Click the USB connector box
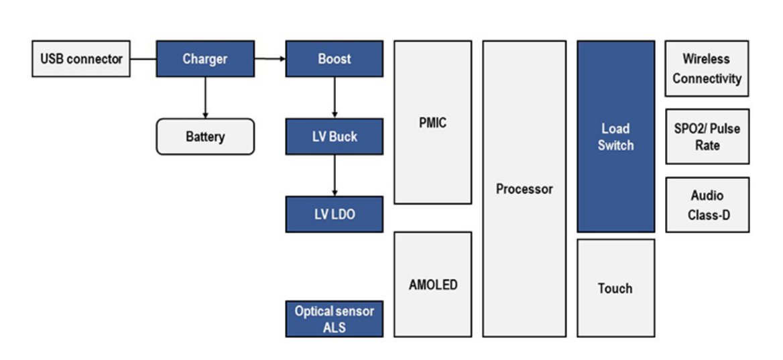[x=81, y=59]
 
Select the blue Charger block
[x=205, y=59]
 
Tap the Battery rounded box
[x=205, y=137]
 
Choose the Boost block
[x=335, y=59]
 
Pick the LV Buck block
[x=335, y=137]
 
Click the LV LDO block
[x=335, y=215]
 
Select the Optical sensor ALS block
[x=335, y=319]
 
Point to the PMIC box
[x=432, y=123]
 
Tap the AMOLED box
[x=432, y=284]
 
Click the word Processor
[x=524, y=189]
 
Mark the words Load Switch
[x=615, y=137]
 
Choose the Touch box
[x=615, y=288]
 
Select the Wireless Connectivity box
[x=707, y=69]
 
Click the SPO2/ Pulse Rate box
[x=707, y=137]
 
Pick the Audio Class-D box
[x=707, y=205]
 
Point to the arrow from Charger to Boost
[x=269, y=59]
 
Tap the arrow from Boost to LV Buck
[x=335, y=97]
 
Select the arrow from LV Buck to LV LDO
[x=335, y=175]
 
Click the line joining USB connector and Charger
[x=143, y=59]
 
